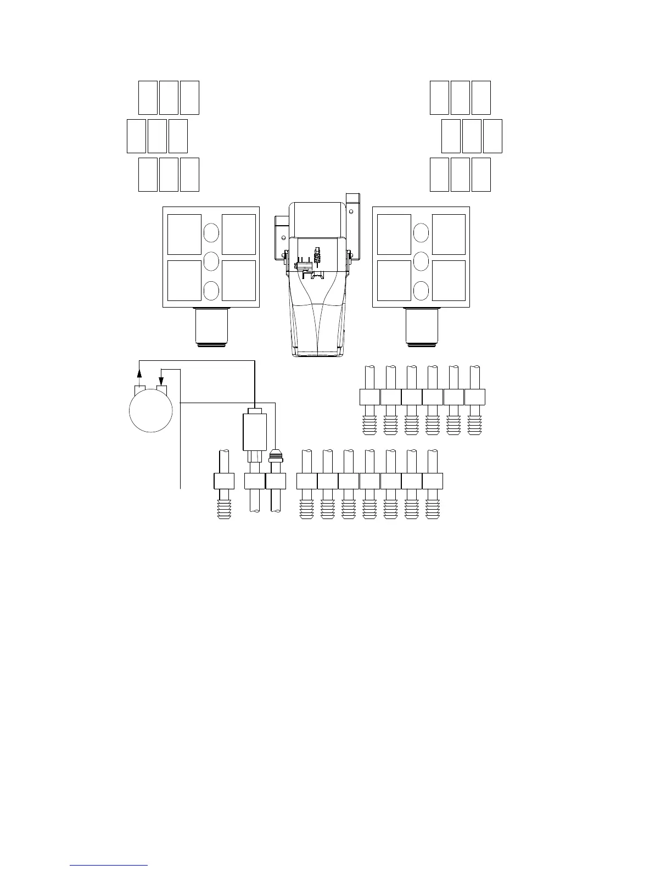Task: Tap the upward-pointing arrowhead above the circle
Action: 139,373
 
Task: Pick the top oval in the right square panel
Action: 421,233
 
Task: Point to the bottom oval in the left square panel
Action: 211,291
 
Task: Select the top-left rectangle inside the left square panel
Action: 184,235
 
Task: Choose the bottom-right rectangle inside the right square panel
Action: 449,280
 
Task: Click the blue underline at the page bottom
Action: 109,865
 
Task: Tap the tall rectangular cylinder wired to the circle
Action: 254,432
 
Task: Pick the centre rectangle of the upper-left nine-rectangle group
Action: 157,136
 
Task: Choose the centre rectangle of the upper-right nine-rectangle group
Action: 472,136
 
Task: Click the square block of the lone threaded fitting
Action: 223,481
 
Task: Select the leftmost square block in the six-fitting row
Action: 369,397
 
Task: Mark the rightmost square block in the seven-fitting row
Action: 432,481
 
